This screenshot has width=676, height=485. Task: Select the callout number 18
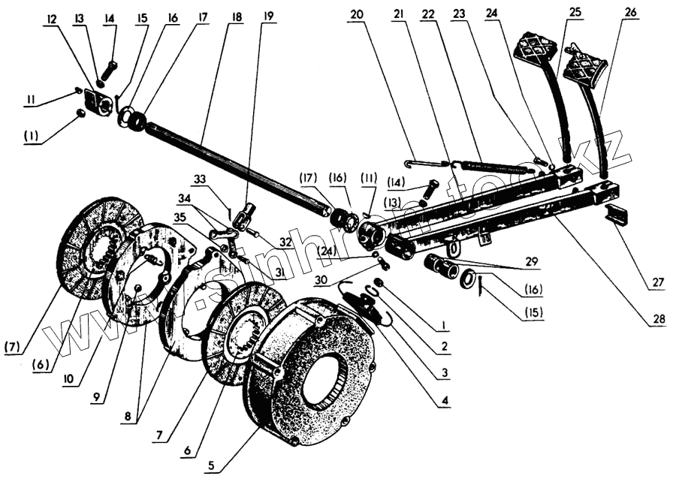237,17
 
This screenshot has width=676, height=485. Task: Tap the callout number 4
445,401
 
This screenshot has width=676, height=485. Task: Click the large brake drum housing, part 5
315,375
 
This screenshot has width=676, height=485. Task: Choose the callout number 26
629,14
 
